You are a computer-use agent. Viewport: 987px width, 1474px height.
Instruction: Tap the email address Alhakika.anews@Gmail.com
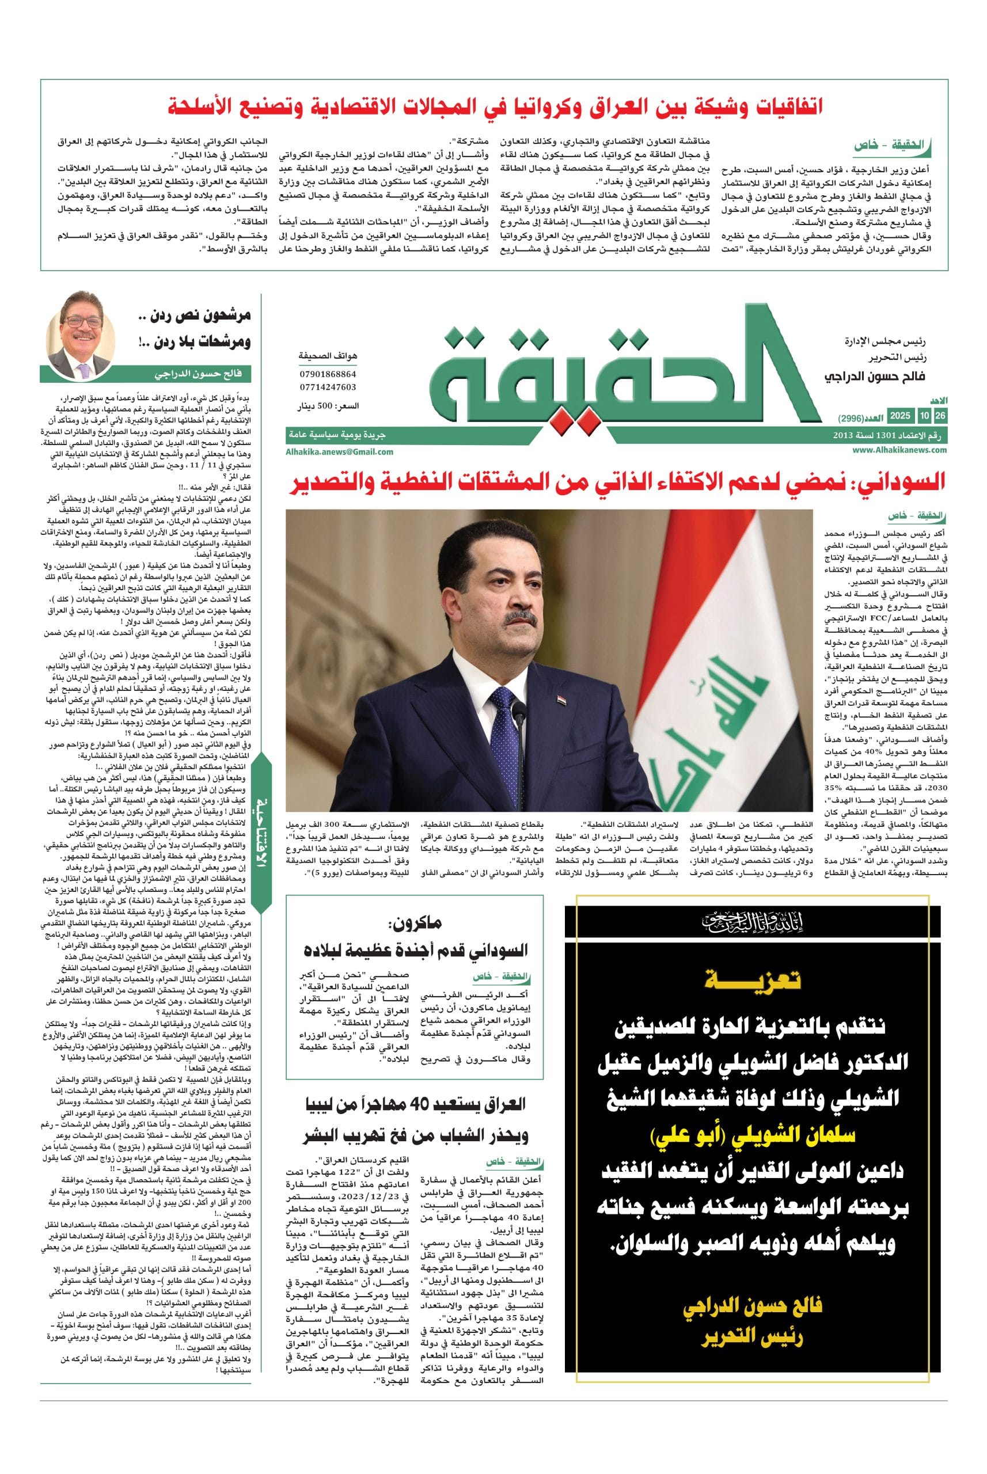point(340,451)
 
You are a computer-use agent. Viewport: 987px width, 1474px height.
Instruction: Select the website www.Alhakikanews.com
point(900,450)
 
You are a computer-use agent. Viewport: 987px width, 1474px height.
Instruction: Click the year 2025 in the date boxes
point(899,416)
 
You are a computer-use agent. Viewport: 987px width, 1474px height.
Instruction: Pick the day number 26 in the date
point(940,416)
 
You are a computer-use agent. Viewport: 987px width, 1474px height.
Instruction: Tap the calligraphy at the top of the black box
point(753,924)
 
